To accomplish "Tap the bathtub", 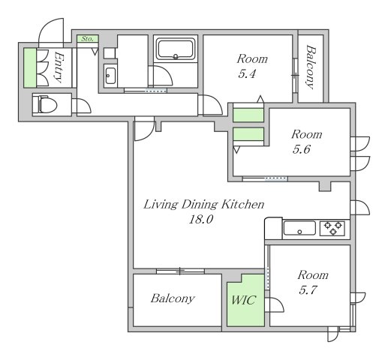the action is pyautogui.click(x=176, y=49).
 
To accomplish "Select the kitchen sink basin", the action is pyautogui.click(x=299, y=228).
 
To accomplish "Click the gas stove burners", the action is pyautogui.click(x=332, y=228).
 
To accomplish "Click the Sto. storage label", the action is pyautogui.click(x=87, y=39).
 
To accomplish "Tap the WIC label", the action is pyautogui.click(x=244, y=300).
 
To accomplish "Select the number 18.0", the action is pyautogui.click(x=201, y=220).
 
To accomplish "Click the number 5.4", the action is pyautogui.click(x=247, y=74).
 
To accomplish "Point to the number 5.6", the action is pyautogui.click(x=302, y=149).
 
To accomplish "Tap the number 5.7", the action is pyautogui.click(x=308, y=290).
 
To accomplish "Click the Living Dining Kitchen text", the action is pyautogui.click(x=203, y=204).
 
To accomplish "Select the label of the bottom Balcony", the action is pyautogui.click(x=173, y=298).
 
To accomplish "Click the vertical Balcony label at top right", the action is pyautogui.click(x=311, y=67).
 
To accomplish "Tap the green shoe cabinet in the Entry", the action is pyautogui.click(x=30, y=67).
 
